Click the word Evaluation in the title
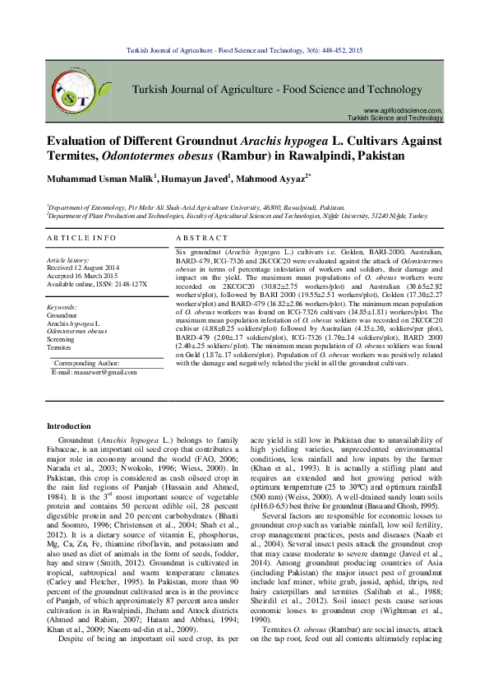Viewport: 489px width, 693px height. [83, 141]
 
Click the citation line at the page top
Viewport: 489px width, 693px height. [244, 51]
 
